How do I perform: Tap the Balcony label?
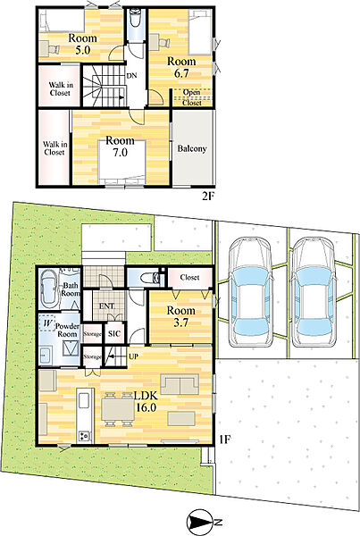(192, 149)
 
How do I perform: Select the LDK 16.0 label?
(146, 402)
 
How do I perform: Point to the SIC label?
(114, 333)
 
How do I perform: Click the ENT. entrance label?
(106, 306)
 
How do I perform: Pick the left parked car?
(250, 292)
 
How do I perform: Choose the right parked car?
(313, 292)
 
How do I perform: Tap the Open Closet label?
(191, 97)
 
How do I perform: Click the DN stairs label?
(131, 76)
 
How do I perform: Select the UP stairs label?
(133, 356)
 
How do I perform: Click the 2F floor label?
(208, 197)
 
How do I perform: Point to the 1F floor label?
(225, 440)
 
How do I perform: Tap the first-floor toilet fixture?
(150, 277)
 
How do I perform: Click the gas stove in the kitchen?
(85, 436)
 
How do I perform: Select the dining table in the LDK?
(118, 409)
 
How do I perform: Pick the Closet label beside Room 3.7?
(189, 277)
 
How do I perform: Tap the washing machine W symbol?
(47, 323)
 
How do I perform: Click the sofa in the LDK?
(180, 384)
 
